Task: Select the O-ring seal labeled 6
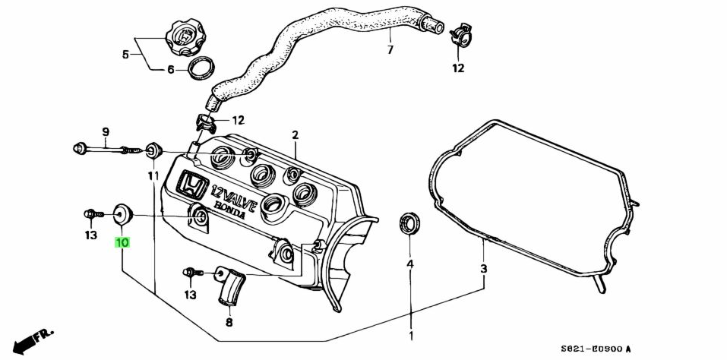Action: [201, 68]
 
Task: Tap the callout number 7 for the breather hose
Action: [390, 50]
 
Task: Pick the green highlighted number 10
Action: [122, 243]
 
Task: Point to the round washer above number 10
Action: [122, 214]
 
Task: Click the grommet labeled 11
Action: [152, 150]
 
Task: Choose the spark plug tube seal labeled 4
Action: [409, 225]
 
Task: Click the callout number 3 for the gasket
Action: [483, 269]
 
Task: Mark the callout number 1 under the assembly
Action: [410, 335]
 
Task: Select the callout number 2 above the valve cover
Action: [295, 135]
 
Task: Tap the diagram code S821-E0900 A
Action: [596, 348]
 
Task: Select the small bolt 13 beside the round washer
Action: [90, 215]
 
